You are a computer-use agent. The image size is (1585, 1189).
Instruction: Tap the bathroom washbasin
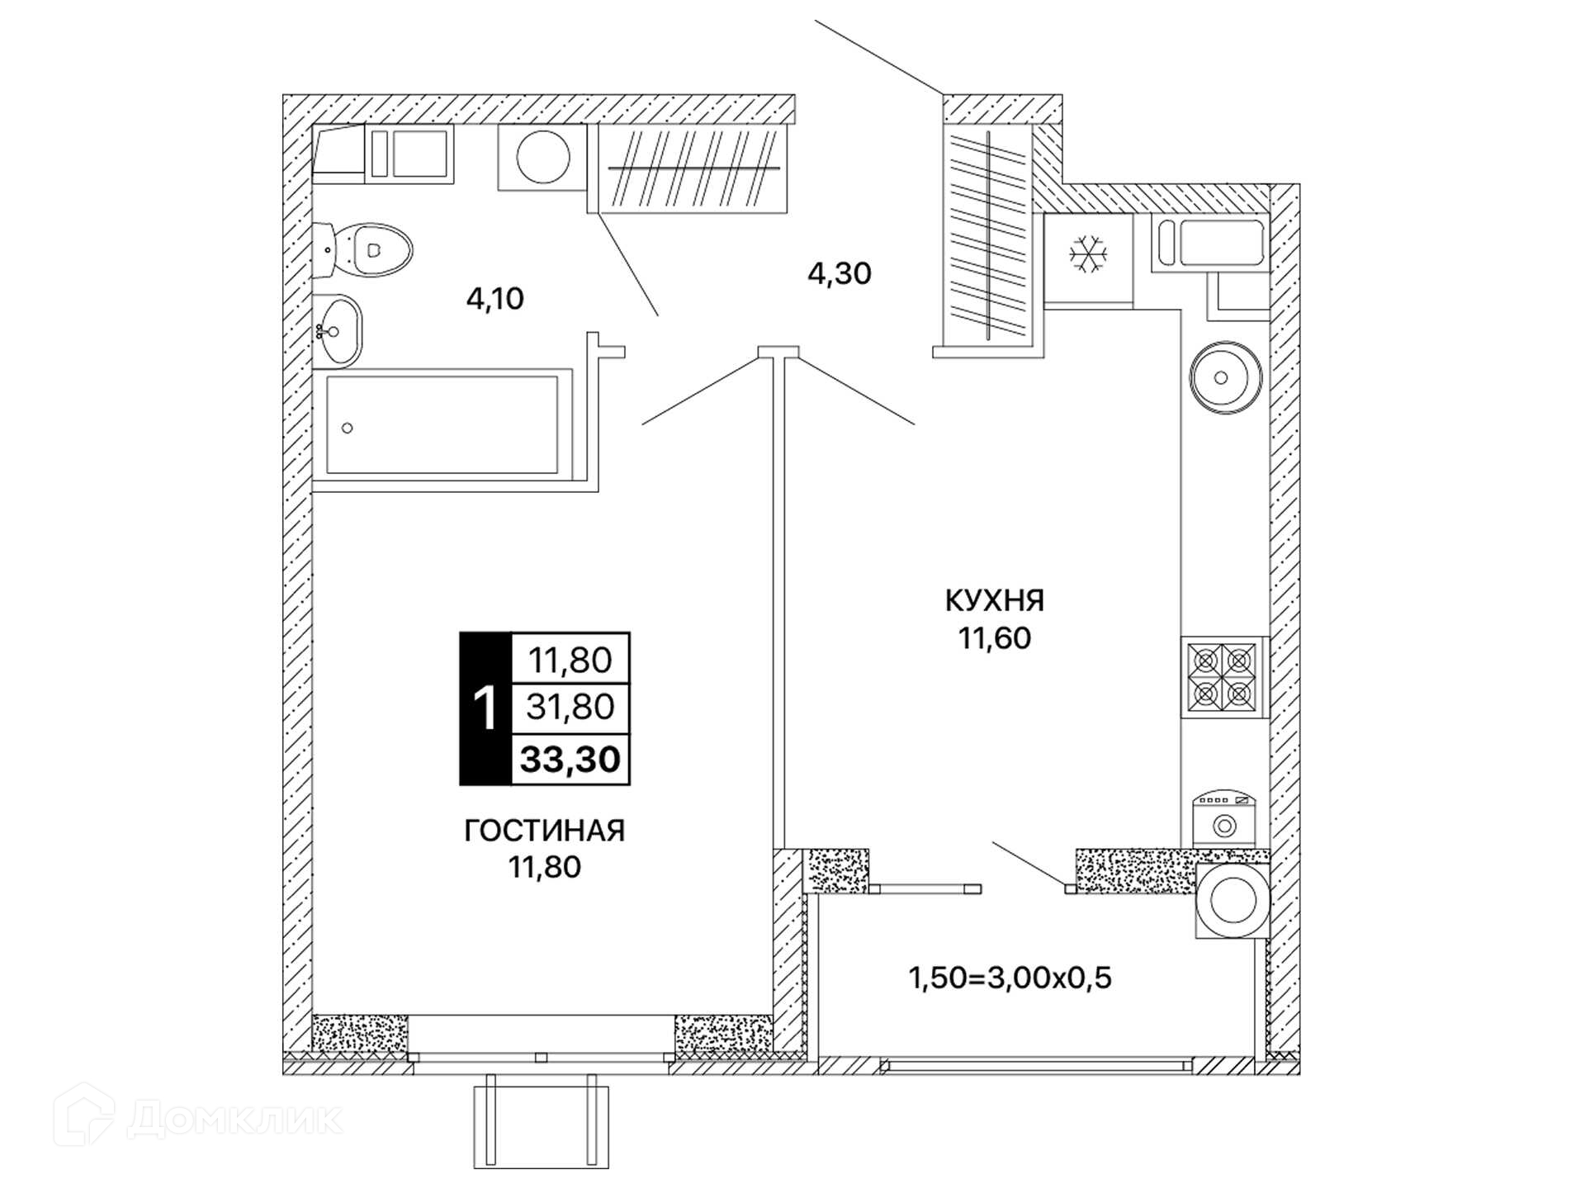point(338,331)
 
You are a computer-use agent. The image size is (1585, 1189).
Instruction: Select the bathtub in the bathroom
point(442,425)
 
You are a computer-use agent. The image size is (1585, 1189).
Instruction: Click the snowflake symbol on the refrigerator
point(1088,254)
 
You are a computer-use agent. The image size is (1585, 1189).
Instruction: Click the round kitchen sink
point(1225,377)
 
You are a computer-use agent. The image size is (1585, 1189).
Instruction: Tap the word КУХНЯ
point(995,600)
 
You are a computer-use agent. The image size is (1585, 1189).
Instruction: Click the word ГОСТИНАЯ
point(545,830)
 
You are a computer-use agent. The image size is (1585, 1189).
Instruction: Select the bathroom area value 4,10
point(495,299)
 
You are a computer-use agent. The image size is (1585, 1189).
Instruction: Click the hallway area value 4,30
point(840,273)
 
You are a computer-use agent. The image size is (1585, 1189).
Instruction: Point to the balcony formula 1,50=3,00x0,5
point(1010,978)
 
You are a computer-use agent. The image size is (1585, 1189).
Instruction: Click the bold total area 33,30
point(570,759)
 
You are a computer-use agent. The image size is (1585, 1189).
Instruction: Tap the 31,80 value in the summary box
point(570,707)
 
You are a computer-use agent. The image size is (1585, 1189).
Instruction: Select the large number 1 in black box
point(485,708)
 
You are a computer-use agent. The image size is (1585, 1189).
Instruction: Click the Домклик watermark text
point(235,1119)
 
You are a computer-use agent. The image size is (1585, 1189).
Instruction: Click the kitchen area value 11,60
point(995,638)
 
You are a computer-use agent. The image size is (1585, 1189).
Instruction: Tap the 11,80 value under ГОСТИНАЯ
point(545,867)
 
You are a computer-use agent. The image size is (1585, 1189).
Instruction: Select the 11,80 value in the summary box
point(570,661)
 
